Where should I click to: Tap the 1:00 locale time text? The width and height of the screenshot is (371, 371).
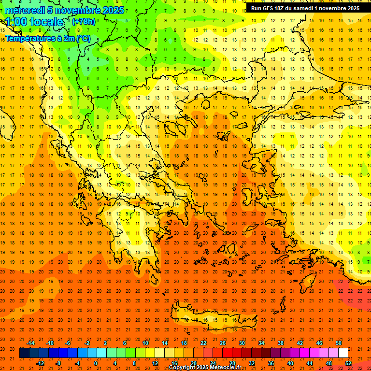point(34,22)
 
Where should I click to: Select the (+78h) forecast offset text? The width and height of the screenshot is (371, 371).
point(84,22)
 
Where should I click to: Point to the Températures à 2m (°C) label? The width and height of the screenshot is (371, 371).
point(48,38)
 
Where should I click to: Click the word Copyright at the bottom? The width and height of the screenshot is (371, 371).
point(183,368)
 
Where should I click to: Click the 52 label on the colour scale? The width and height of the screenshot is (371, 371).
point(348,363)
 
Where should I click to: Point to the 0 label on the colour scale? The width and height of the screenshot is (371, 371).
point(96,363)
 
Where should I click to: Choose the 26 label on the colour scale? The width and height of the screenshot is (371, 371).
point(223,343)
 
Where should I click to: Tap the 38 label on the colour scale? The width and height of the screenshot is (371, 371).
point(281,343)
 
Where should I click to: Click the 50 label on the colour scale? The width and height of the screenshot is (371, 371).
point(339,343)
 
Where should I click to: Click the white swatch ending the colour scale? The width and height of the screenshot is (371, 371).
point(343,353)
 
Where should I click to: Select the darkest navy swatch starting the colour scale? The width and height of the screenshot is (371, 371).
point(24,353)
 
